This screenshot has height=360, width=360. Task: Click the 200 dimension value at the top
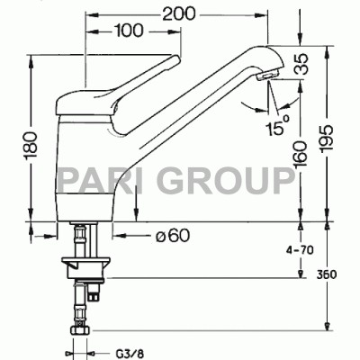(x=179, y=13)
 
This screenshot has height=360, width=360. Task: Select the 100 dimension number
(x=129, y=31)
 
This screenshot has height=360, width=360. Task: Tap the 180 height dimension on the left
(x=31, y=146)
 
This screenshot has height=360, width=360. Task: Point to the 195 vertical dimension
(x=327, y=139)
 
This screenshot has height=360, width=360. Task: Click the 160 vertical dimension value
(x=301, y=154)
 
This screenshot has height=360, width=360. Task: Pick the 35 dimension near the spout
(x=301, y=64)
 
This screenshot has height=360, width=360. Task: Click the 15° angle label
(x=277, y=125)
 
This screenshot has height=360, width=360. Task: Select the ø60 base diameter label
(x=173, y=235)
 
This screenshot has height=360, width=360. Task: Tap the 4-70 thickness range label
(x=301, y=249)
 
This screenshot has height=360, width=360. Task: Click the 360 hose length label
(x=327, y=274)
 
